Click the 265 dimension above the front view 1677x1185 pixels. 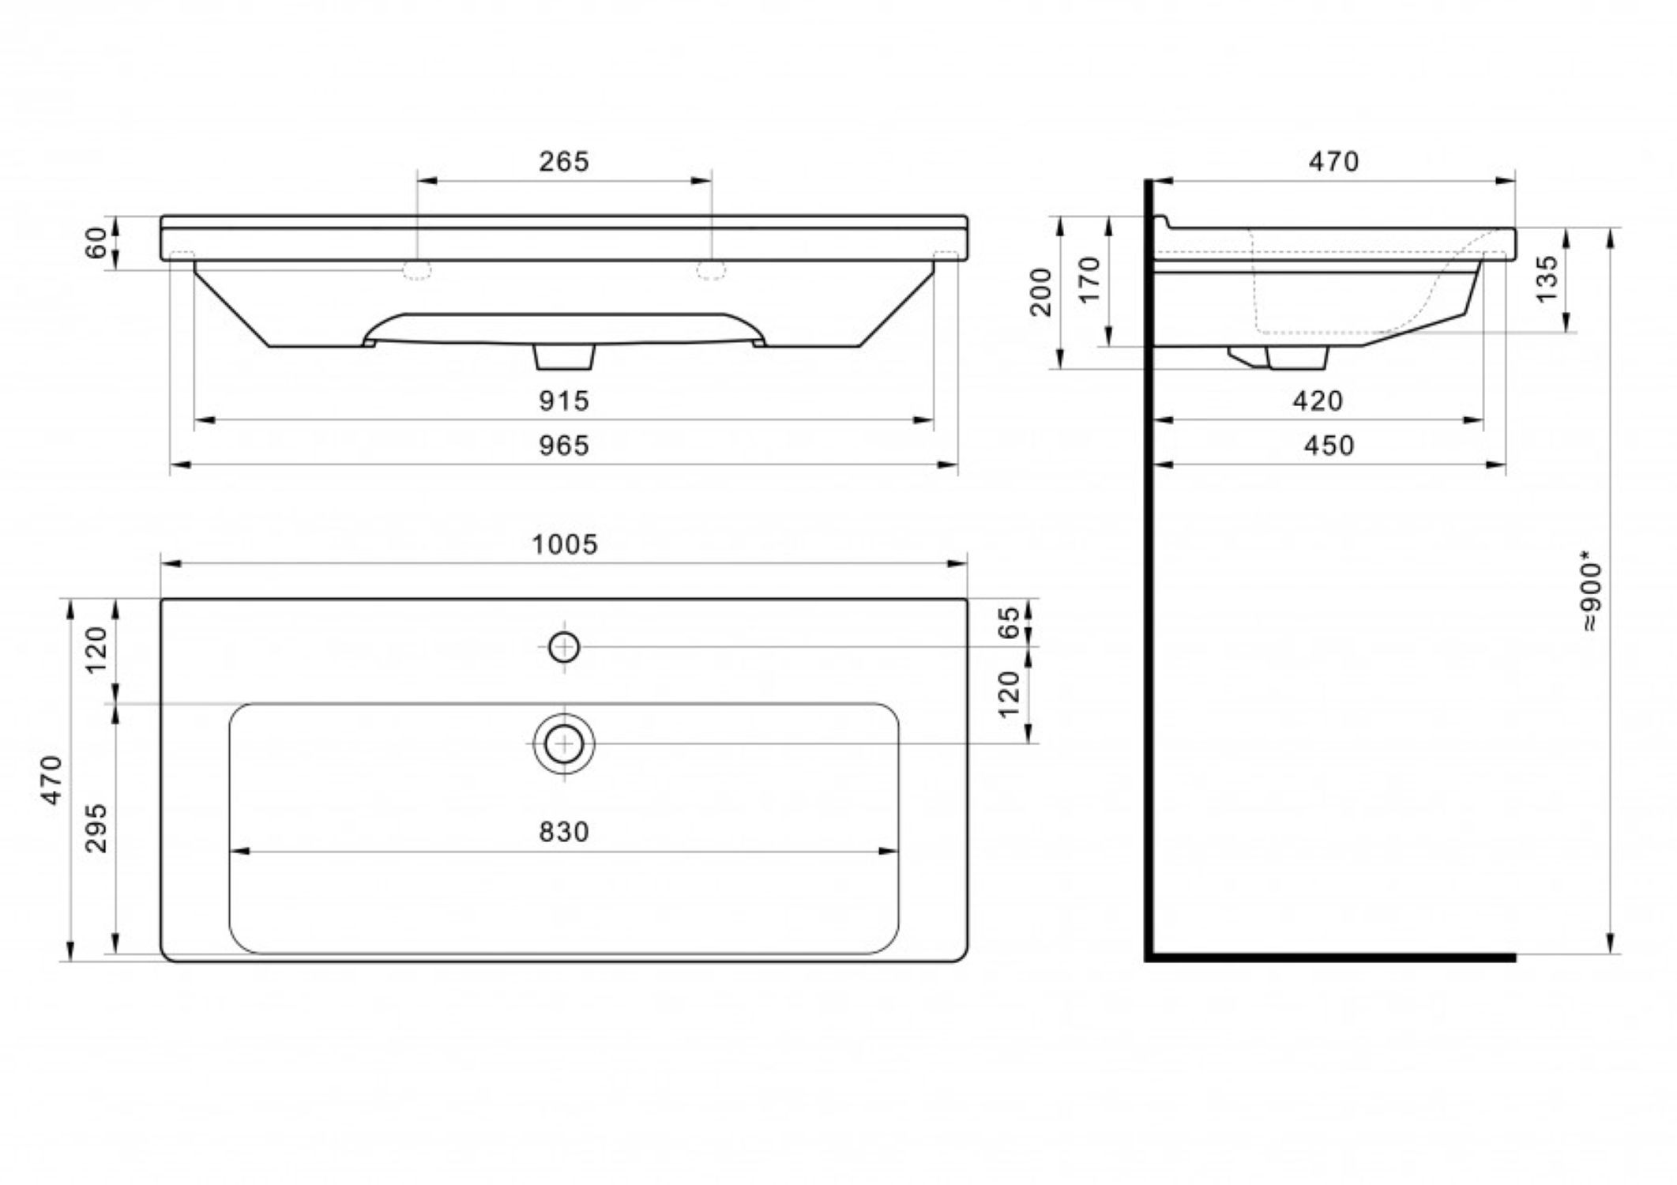click(x=564, y=161)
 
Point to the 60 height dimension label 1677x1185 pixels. click(x=96, y=243)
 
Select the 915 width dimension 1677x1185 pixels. click(x=564, y=401)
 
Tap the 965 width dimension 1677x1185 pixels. click(x=564, y=446)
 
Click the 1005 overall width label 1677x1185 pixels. click(x=564, y=544)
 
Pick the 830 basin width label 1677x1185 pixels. click(x=564, y=832)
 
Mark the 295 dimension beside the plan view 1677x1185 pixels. click(x=96, y=828)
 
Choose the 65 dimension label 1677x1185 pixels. click(x=1010, y=623)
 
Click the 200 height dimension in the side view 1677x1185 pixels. click(x=1042, y=292)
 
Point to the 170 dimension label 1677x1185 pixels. click(x=1089, y=279)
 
